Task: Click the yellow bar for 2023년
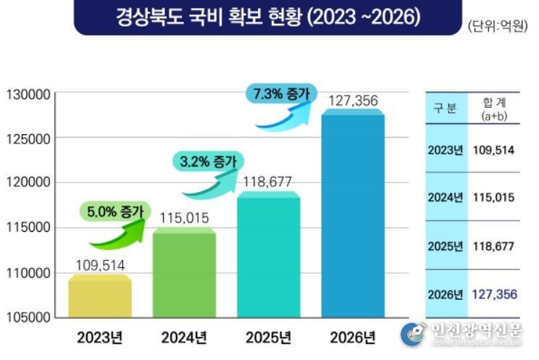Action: click(x=100, y=297)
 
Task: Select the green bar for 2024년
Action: click(x=184, y=274)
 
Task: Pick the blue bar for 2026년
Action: click(x=353, y=214)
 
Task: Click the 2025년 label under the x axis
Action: click(x=268, y=338)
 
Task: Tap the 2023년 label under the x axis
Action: click(x=100, y=338)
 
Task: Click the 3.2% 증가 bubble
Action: click(x=209, y=162)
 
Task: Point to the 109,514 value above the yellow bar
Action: click(x=100, y=265)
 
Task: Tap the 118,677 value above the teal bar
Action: click(x=268, y=183)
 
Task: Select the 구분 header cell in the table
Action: click(x=445, y=109)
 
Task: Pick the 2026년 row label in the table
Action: click(x=446, y=295)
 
